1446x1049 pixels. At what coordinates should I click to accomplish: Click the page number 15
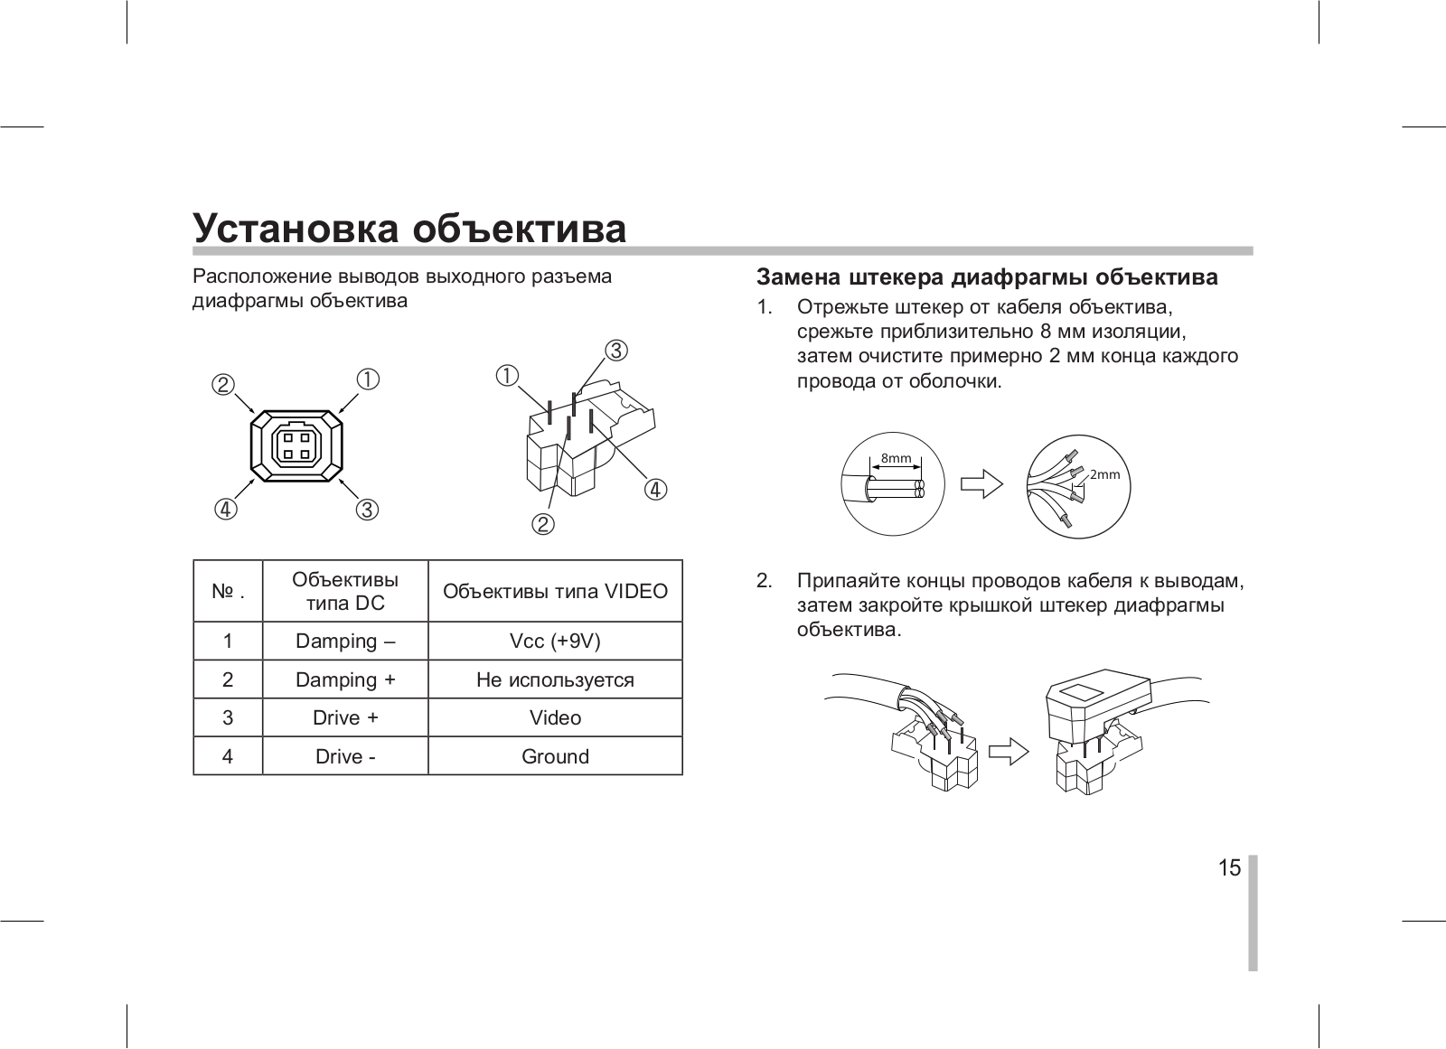click(1229, 868)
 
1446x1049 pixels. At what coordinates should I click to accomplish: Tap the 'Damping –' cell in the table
click(345, 642)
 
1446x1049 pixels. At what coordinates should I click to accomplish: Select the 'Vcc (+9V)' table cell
click(555, 642)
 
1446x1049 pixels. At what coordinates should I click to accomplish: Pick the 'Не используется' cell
click(555, 679)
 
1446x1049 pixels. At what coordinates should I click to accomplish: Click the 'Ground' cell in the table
click(555, 756)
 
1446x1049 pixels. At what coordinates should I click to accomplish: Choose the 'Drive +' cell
click(345, 718)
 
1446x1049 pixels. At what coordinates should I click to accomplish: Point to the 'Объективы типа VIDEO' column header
click(555, 592)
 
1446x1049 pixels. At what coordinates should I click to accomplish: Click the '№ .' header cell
click(228, 592)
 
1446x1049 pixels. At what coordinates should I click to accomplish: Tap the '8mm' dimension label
click(897, 458)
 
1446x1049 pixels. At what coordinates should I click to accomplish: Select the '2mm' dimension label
click(1104, 474)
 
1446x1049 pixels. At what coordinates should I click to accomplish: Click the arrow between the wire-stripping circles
click(981, 484)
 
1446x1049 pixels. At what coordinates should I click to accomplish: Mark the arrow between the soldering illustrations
click(1009, 751)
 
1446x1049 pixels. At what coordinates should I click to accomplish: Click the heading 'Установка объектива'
click(409, 229)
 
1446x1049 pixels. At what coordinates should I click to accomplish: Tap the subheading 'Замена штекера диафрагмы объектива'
click(987, 276)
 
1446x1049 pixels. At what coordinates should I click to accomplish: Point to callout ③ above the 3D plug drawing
click(615, 350)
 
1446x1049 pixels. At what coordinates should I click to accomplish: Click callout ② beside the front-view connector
click(223, 384)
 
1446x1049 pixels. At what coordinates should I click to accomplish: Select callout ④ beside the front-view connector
click(223, 510)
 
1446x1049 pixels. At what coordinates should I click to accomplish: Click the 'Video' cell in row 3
click(555, 718)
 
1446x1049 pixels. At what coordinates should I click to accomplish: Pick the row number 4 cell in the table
click(228, 756)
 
